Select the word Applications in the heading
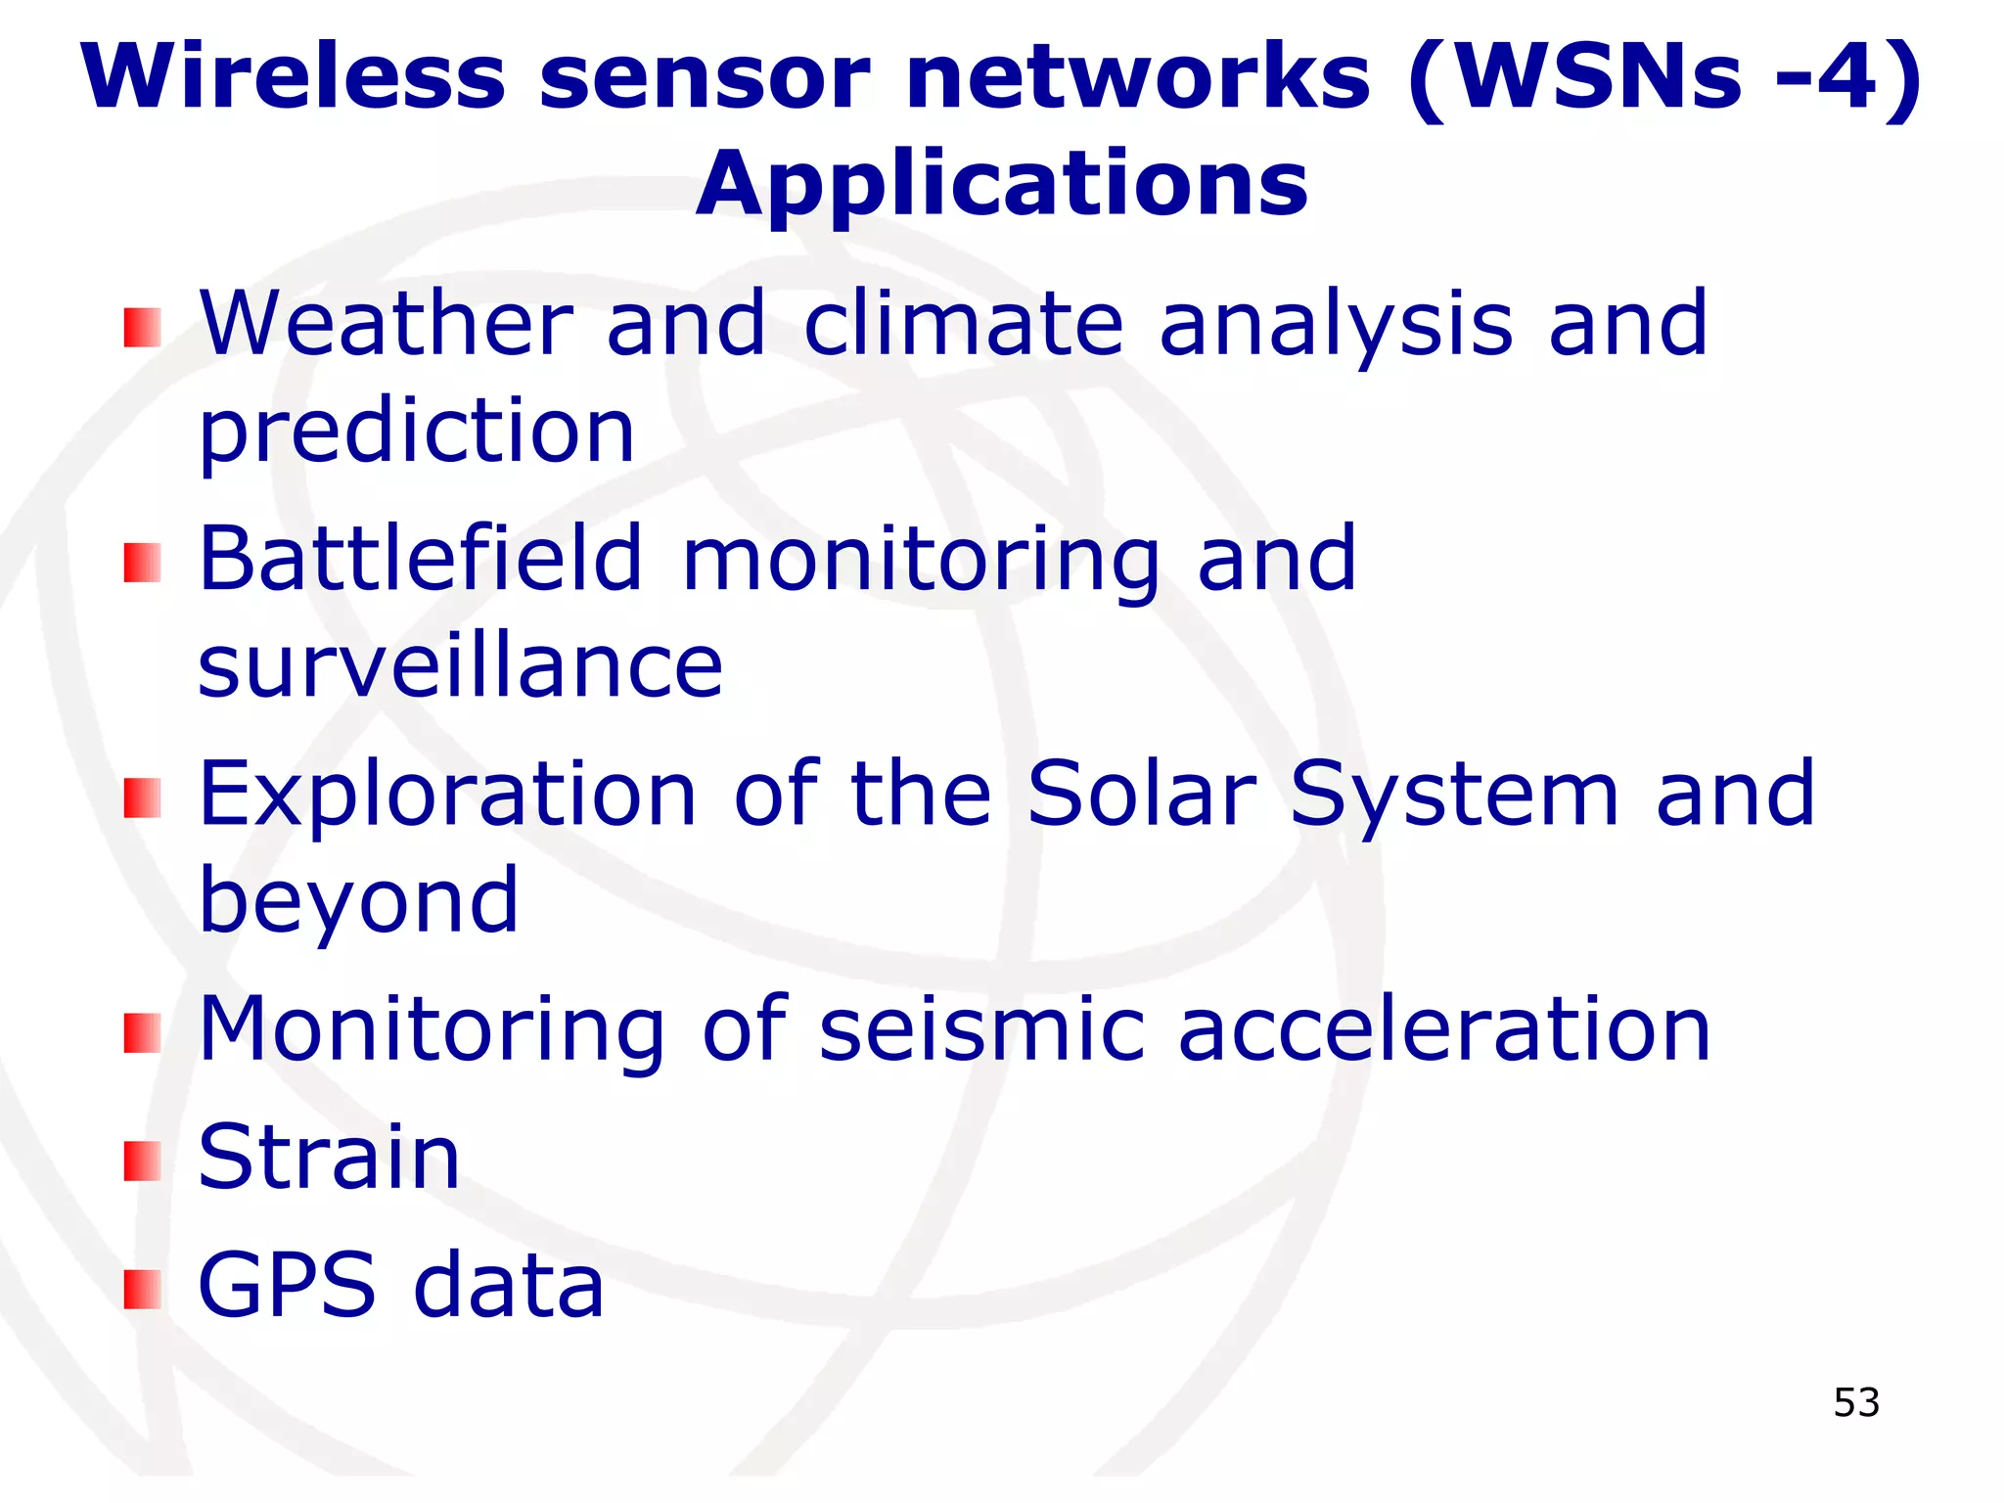[1001, 186]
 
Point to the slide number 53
[1856, 1403]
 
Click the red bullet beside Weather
[142, 328]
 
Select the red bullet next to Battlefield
[142, 563]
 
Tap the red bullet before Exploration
[142, 797]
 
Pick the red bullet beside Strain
[142, 1161]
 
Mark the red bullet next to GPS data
[142, 1289]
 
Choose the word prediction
[417, 433]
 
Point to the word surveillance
[460, 667]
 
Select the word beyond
[358, 902]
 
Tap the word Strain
[329, 1157]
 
